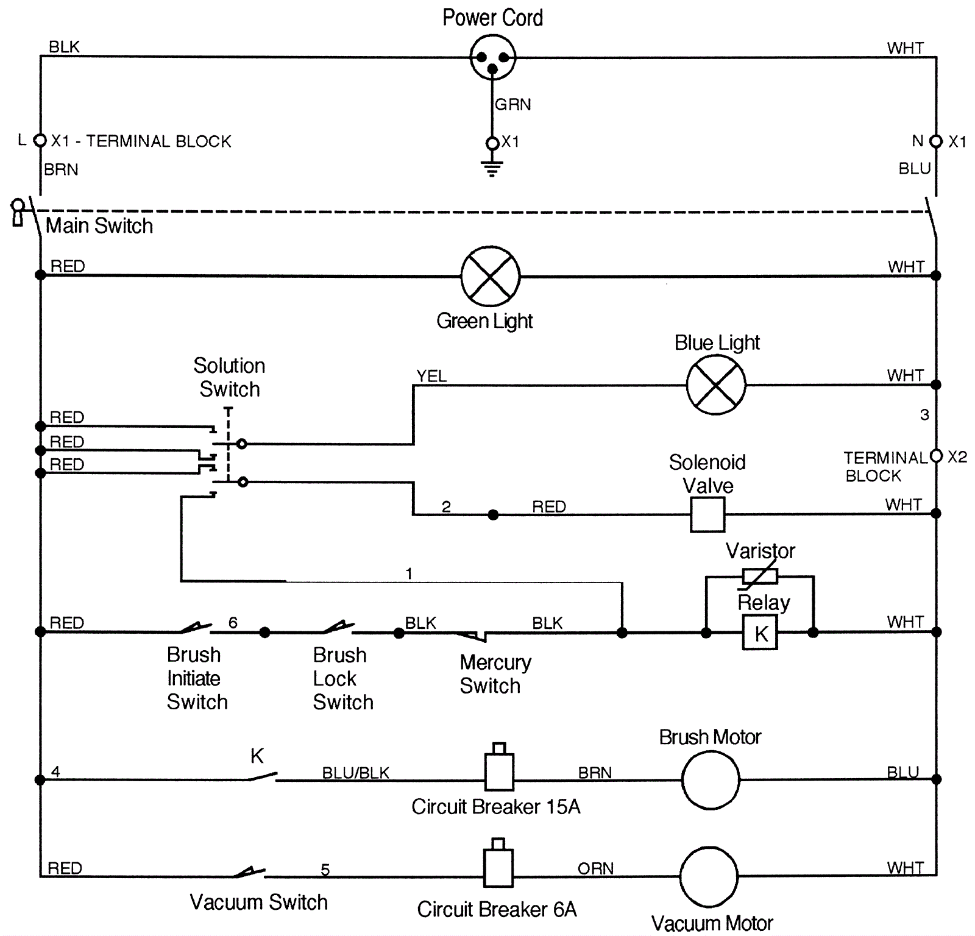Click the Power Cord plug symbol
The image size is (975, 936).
click(x=492, y=58)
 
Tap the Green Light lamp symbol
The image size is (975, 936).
click(x=490, y=276)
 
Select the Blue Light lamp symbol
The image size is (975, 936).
click(x=715, y=385)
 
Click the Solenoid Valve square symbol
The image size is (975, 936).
click(x=707, y=514)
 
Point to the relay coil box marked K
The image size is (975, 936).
click(x=759, y=633)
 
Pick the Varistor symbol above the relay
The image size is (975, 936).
click(x=759, y=576)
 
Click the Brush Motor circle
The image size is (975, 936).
click(x=710, y=779)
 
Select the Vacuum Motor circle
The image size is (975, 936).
click(x=708, y=876)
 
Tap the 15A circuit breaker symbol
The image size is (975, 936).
click(x=499, y=770)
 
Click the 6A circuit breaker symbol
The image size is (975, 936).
click(x=498, y=866)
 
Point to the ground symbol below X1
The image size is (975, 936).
click(x=492, y=168)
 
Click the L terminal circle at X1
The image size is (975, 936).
click(x=40, y=141)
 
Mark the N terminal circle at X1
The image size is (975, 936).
click(x=936, y=141)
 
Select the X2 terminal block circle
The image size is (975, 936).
click(x=936, y=456)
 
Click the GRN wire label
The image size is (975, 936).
click(x=512, y=105)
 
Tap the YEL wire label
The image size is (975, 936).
click(x=431, y=376)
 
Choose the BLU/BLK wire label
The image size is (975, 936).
click(x=355, y=773)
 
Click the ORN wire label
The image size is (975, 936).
click(x=595, y=868)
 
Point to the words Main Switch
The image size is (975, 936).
click(x=99, y=226)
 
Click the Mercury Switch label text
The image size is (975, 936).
click(x=495, y=673)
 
